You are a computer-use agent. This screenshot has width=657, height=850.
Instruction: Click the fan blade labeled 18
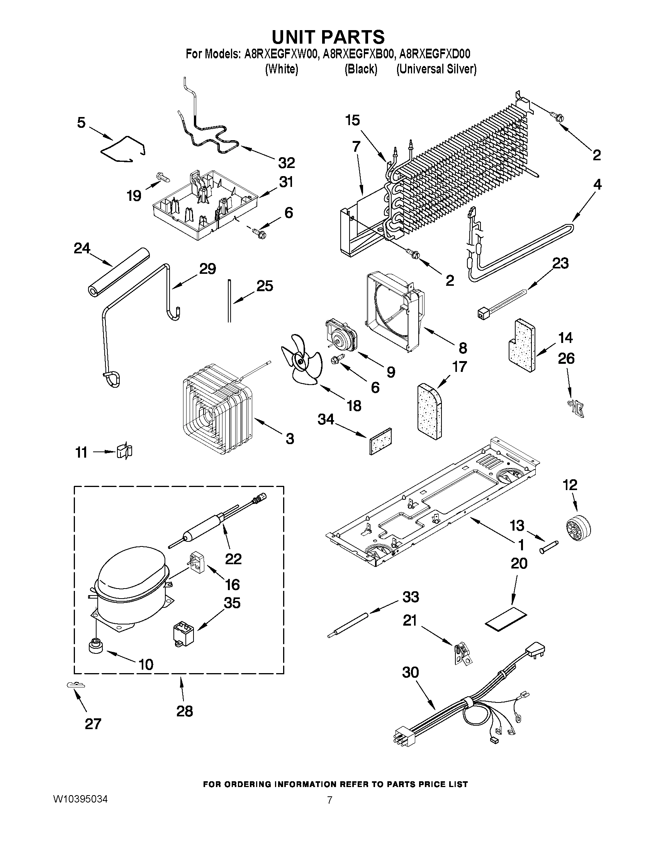click(x=301, y=362)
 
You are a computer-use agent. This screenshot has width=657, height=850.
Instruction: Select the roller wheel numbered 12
click(x=577, y=527)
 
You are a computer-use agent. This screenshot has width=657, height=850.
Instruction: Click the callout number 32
click(x=286, y=163)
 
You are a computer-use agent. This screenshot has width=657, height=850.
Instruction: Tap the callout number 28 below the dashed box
click(x=185, y=711)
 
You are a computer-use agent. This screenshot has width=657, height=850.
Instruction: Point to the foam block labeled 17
click(x=431, y=412)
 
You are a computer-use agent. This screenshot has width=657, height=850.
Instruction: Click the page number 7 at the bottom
click(x=329, y=800)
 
